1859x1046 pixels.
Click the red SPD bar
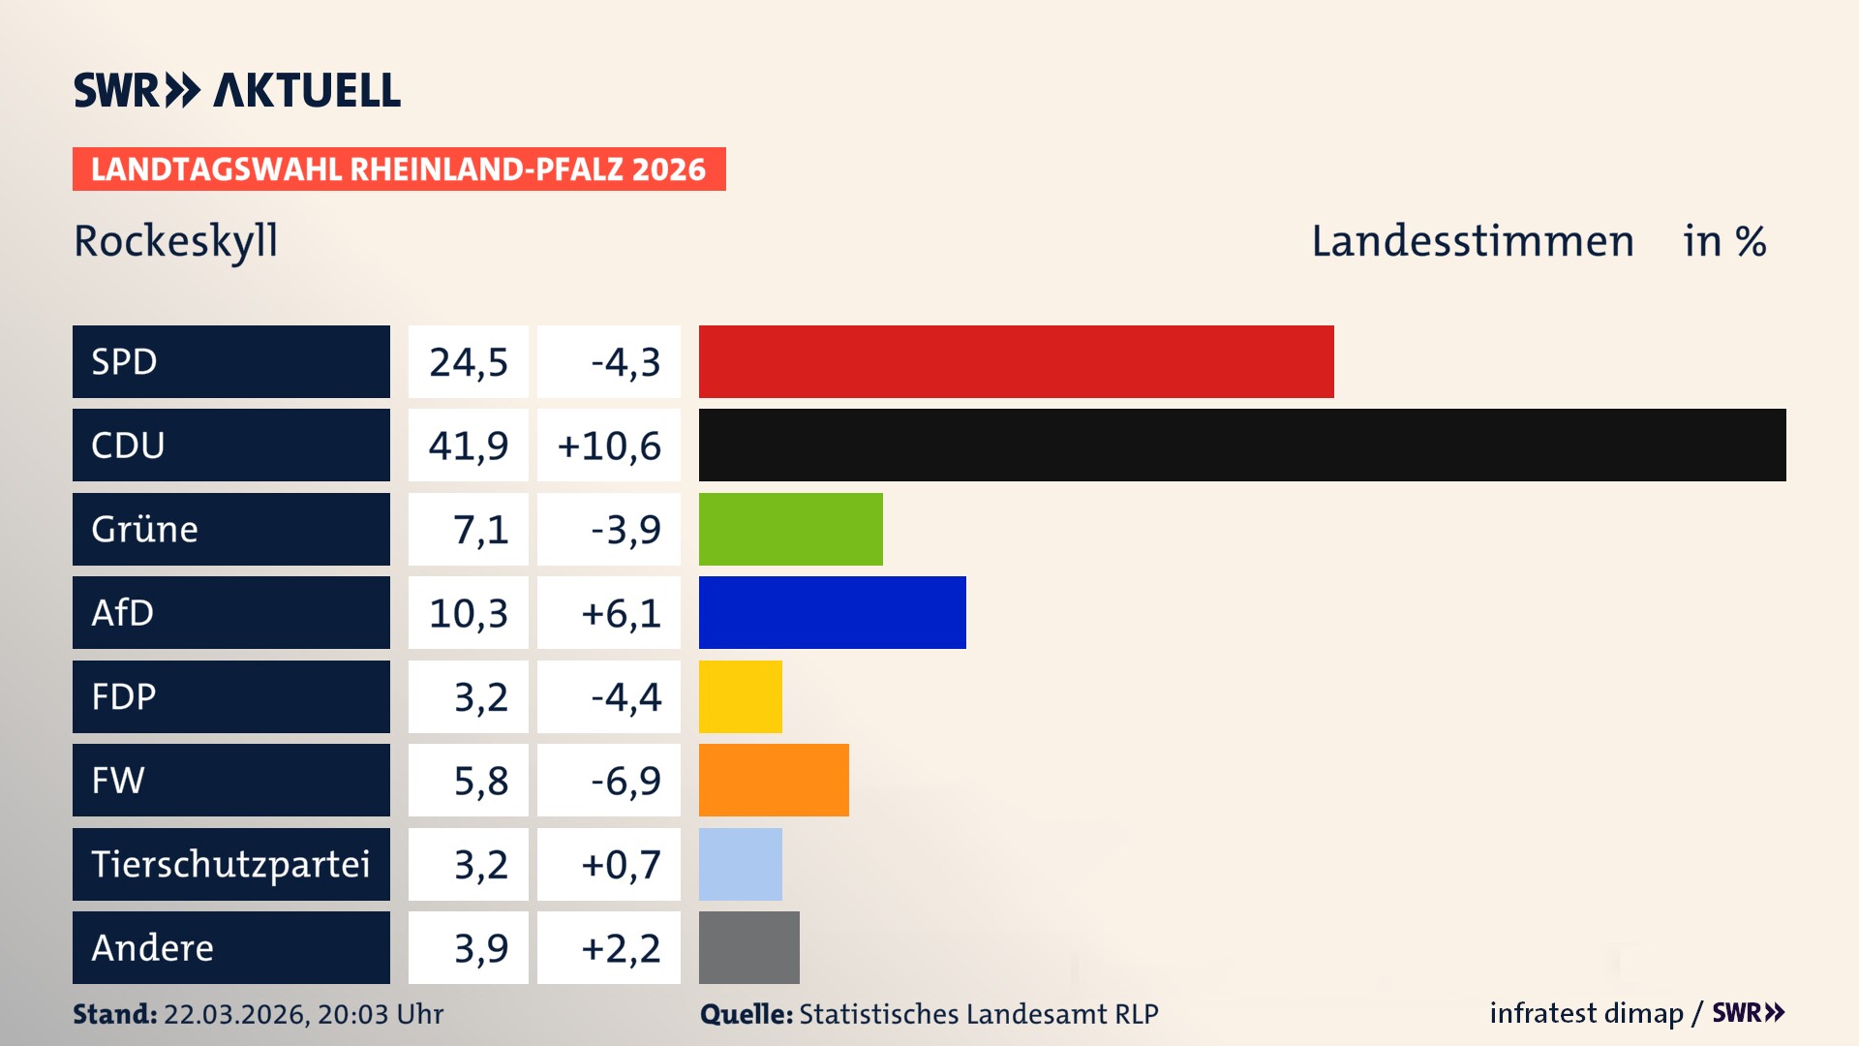[1016, 361]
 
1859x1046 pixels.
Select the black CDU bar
[1242, 445]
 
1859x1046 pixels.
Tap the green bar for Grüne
[790, 529]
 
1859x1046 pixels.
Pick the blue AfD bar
[832, 612]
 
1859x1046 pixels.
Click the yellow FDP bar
[740, 696]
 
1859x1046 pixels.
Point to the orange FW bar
[774, 780]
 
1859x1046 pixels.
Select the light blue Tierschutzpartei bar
[740, 864]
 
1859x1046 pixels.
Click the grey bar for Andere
[748, 947]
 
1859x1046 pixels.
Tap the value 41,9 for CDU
[469, 446]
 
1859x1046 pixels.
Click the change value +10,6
[609, 446]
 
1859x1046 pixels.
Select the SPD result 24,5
[469, 362]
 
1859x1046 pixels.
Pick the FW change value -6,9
[625, 781]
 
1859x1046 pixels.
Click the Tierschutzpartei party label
[230, 864]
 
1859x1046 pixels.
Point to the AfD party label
[123, 612]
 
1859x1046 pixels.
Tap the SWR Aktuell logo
[237, 90]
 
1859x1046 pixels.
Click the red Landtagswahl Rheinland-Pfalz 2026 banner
[399, 169]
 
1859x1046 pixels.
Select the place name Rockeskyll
[176, 241]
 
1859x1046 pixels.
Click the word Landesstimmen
[1472, 241]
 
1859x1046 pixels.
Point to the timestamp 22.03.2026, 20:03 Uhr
[303, 1014]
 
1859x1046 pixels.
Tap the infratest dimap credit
[1585, 1013]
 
